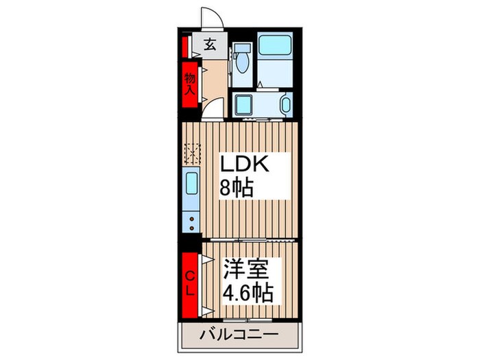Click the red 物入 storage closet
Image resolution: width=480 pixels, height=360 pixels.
(189, 84)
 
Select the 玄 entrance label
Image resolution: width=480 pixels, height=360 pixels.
(211, 45)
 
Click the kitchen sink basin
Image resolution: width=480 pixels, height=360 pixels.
(191, 184)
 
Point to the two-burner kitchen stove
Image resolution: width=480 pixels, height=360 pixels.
(191, 221)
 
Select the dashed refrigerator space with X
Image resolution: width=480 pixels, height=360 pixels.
(191, 152)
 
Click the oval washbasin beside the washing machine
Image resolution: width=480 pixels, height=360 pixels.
(286, 104)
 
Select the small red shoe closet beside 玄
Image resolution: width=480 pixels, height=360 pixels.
(185, 47)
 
